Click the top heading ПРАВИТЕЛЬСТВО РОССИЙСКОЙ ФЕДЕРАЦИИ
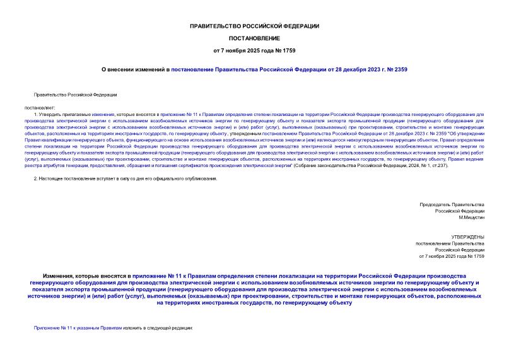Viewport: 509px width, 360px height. click(x=254, y=26)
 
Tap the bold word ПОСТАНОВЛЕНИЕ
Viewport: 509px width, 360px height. click(x=254, y=38)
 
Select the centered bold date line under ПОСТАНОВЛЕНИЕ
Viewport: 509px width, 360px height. click(x=254, y=50)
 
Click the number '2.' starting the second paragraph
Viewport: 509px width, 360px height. click(x=35, y=179)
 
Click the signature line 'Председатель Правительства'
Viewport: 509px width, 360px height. click(x=452, y=205)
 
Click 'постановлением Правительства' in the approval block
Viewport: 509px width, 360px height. click(x=449, y=243)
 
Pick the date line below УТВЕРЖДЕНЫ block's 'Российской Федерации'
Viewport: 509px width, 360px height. click(x=452, y=256)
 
